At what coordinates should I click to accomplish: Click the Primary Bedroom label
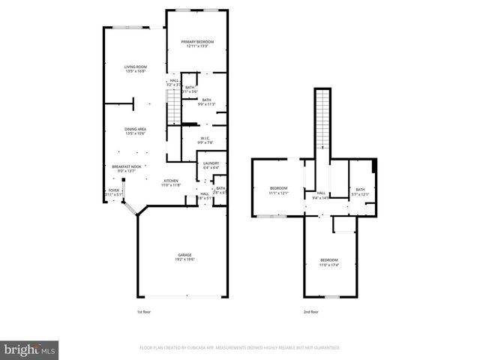tap(197, 41)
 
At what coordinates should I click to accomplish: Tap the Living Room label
tap(135, 67)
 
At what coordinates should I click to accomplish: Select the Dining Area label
tap(135, 129)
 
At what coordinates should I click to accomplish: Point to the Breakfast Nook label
tap(127, 166)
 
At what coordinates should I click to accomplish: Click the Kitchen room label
tap(172, 180)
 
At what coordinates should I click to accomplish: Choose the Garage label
tap(180, 255)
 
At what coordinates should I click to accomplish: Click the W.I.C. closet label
tap(206, 138)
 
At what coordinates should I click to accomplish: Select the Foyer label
tap(113, 190)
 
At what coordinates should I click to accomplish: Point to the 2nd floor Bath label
tap(360, 189)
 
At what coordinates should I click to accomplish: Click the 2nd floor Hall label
tap(320, 193)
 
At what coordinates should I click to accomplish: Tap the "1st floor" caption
tap(144, 311)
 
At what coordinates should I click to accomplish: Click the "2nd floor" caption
tap(310, 311)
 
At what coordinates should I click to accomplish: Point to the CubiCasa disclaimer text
tap(240, 348)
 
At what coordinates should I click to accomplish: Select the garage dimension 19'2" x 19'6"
tap(180, 259)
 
